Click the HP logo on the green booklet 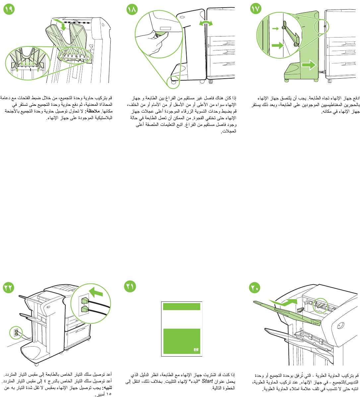196,350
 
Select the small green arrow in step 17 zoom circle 275,29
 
